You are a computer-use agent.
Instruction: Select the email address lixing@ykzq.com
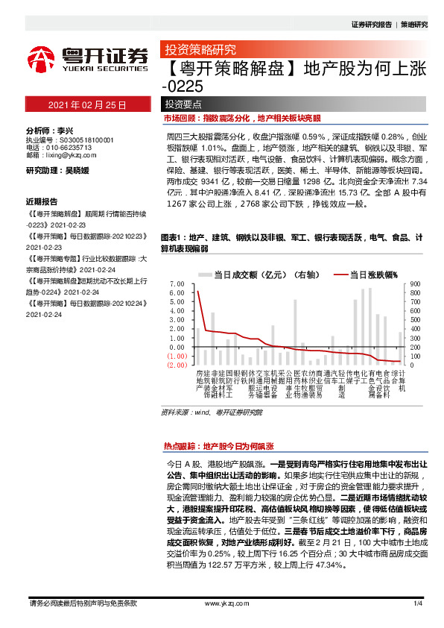pyautogui.click(x=72, y=156)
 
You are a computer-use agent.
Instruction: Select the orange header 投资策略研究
pyautogui.click(x=200, y=51)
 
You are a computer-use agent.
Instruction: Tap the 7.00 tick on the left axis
pyautogui.click(x=177, y=284)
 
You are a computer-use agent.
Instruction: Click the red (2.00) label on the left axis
pyautogui.click(x=177, y=365)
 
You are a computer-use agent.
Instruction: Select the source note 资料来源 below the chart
pyautogui.click(x=201, y=412)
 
